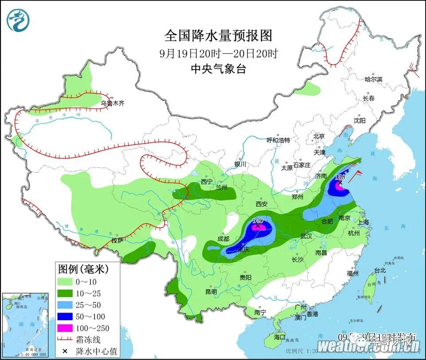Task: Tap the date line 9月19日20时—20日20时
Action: point(218,54)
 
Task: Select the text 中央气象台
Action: point(218,69)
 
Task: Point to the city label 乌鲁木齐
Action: point(112,103)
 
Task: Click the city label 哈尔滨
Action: point(373,79)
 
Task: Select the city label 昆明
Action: point(211,292)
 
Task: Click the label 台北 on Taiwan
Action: point(380,270)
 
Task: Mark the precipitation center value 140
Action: point(257,220)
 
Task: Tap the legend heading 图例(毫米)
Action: point(83,269)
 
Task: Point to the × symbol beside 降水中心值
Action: point(65,351)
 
